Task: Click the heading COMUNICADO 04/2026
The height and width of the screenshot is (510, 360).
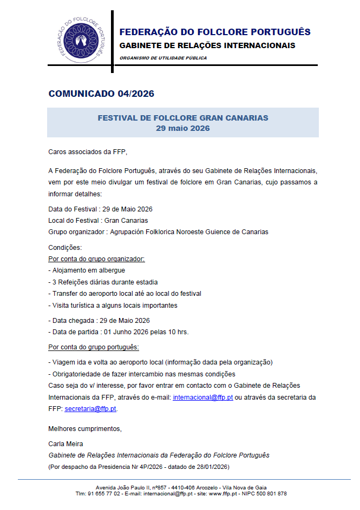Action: click(101, 94)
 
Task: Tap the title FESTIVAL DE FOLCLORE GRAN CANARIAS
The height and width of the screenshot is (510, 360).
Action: click(182, 118)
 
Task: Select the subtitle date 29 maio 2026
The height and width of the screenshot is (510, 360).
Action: click(182, 128)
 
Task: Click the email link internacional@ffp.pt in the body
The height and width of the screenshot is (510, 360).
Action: click(202, 397)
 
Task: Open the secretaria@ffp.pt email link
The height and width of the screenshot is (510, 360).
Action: click(90, 408)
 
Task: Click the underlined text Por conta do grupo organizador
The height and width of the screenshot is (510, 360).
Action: click(96, 259)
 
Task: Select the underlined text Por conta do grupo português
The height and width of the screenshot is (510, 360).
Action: click(94, 347)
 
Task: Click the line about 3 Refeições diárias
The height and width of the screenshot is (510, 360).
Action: click(104, 282)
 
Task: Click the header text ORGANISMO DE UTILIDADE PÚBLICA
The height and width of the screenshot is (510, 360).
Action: click(163, 58)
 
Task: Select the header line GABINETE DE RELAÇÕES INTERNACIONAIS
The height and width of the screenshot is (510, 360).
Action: click(207, 45)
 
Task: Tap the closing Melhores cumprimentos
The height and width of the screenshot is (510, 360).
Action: click(85, 429)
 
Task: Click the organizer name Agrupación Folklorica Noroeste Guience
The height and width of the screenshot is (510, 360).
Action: click(189, 232)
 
